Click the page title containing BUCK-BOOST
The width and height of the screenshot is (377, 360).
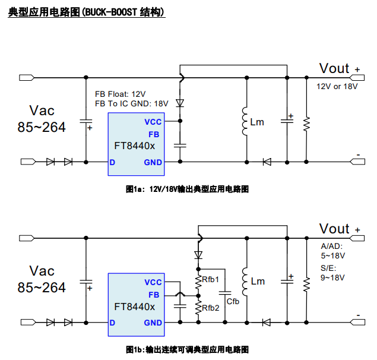[87, 12]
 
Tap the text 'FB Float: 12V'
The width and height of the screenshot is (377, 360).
[120, 94]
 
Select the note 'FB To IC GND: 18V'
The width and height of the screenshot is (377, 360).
[131, 103]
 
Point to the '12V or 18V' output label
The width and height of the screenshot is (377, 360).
[337, 86]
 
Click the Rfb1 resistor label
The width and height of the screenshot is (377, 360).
[211, 279]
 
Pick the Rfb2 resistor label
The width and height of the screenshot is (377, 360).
[211, 307]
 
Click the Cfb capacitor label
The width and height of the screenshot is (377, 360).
[233, 301]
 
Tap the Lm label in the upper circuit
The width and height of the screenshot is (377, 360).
[257, 122]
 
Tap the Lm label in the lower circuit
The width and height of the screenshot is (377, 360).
[257, 282]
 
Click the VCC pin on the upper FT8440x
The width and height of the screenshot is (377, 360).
[153, 122]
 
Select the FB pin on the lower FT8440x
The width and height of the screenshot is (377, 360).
[154, 295]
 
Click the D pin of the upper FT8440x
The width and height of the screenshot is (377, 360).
[112, 162]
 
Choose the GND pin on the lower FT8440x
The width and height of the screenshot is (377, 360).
[153, 323]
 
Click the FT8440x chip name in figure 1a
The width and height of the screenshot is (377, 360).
[135, 146]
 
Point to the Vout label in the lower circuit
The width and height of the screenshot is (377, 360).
[334, 229]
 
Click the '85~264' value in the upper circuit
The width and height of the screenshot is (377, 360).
[42, 127]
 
